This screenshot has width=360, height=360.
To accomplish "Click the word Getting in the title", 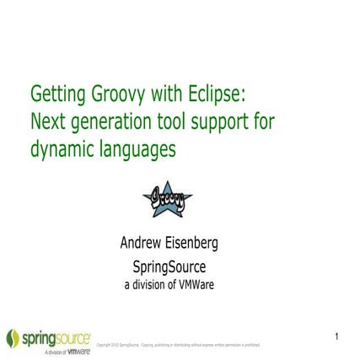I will pos(58,94).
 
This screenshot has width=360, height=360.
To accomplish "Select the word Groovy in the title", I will pos(124,94).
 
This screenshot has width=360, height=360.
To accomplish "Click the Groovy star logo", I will pos(167,198).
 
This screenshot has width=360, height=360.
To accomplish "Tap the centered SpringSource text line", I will pos(169,267).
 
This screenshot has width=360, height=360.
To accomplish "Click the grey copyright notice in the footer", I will pos(179,345).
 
